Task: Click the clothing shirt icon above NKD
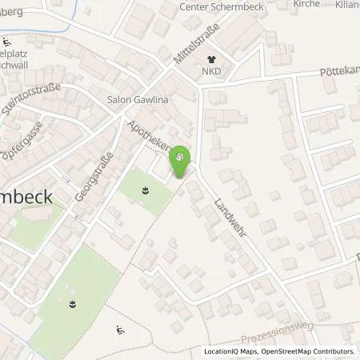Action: point(212,58)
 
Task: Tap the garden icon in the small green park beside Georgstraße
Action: point(145,190)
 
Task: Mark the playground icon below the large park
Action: point(119,330)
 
